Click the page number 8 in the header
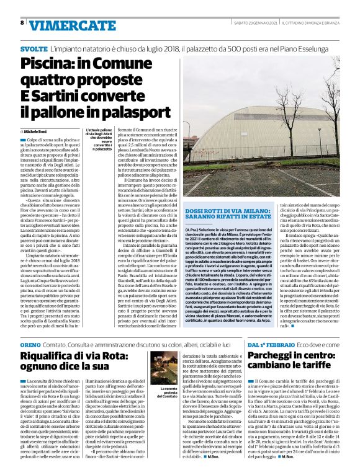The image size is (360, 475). click(22, 22)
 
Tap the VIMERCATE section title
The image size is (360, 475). click(62, 24)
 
